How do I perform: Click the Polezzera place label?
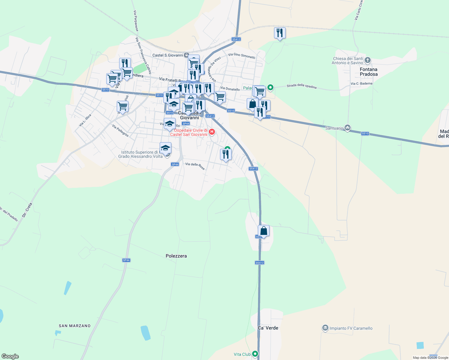tap(176, 256)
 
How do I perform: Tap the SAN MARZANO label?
tap(75, 326)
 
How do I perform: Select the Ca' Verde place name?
tap(268, 328)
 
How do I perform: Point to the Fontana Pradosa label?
tap(369, 72)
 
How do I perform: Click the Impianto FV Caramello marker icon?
tap(325, 328)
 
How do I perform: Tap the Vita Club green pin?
tap(255, 354)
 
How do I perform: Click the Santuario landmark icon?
tap(348, 128)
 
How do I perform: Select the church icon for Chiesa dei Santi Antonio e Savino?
tap(368, 60)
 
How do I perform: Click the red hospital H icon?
tap(212, 132)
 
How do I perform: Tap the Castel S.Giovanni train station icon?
tap(187, 55)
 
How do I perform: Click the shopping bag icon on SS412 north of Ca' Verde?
tap(264, 231)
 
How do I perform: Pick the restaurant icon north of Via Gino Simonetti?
tap(280, 33)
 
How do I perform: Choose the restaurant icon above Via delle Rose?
tap(226, 154)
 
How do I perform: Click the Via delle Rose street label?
tap(195, 166)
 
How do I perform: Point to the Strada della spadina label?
tap(301, 86)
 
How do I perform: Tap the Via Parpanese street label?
tap(136, 21)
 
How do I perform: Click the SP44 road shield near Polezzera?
tap(126, 260)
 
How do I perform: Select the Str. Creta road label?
tap(27, 210)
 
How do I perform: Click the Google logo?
tap(10, 356)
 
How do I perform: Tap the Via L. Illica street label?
tap(85, 120)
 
